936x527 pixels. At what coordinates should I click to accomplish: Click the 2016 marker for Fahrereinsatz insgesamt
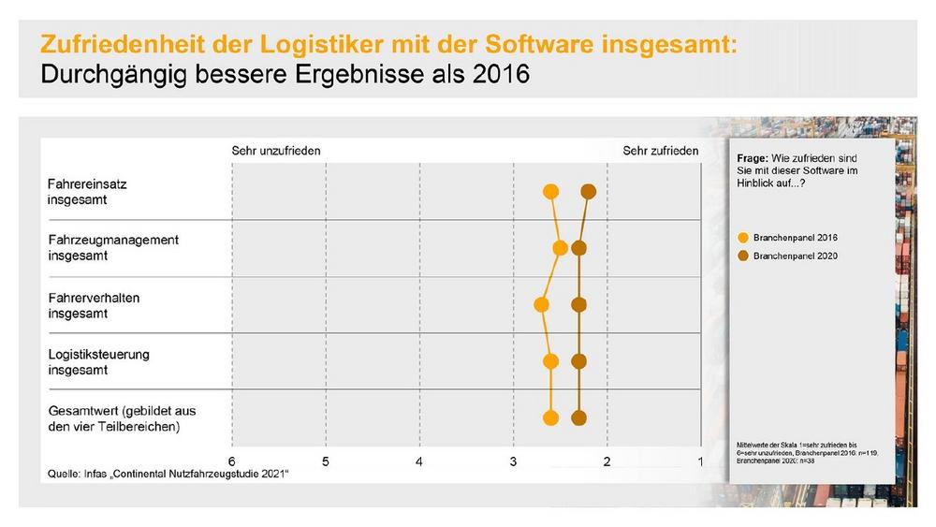550,192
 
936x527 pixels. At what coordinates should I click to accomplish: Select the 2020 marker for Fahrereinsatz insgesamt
588,192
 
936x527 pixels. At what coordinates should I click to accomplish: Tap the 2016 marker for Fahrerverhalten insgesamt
541,304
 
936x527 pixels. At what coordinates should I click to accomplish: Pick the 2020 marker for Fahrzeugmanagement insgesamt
578,248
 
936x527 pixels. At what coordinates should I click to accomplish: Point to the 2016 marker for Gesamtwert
550,417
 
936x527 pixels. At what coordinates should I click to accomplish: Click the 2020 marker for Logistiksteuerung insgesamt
578,361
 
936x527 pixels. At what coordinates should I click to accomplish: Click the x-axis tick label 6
231,461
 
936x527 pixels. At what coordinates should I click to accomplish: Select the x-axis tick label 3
513,461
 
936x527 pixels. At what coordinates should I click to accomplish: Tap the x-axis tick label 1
701,461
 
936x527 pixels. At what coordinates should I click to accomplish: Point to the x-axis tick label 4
419,461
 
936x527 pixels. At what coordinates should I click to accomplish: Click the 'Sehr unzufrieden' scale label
276,150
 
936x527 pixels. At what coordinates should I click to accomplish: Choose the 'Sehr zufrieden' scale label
661,150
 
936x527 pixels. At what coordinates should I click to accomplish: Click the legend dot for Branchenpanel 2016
743,237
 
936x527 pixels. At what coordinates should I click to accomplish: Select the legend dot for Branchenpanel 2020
743,255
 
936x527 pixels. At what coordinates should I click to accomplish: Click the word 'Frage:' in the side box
753,159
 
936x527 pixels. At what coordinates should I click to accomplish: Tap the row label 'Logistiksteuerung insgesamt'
98,362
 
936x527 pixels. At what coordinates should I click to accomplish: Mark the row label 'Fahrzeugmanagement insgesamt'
113,248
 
